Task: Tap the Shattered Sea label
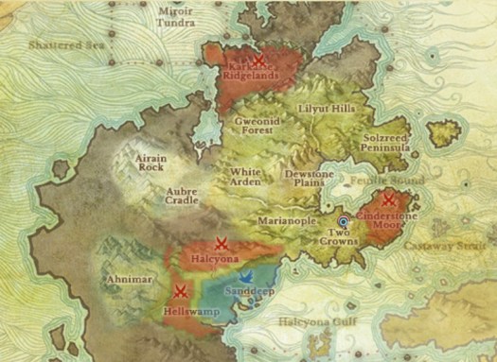(63, 43)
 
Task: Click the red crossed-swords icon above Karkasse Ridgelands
(257, 59)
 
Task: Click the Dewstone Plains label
(311, 181)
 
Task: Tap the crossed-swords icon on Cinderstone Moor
(388, 199)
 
